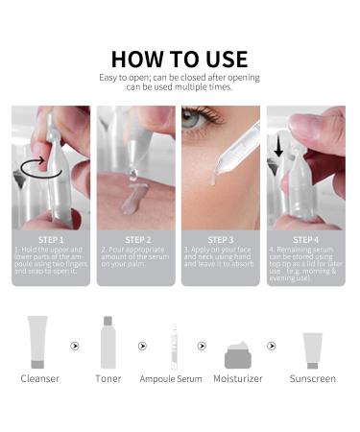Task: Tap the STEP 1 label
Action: [x=51, y=238]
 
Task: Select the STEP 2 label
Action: [x=136, y=238]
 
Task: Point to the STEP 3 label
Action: [x=222, y=238]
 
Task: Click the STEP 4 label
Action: [x=306, y=238]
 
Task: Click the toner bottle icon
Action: [x=108, y=343]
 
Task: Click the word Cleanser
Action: [x=39, y=379]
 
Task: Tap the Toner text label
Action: [x=108, y=379]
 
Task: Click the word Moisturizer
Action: [x=238, y=379]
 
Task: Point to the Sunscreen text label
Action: [x=313, y=379]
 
